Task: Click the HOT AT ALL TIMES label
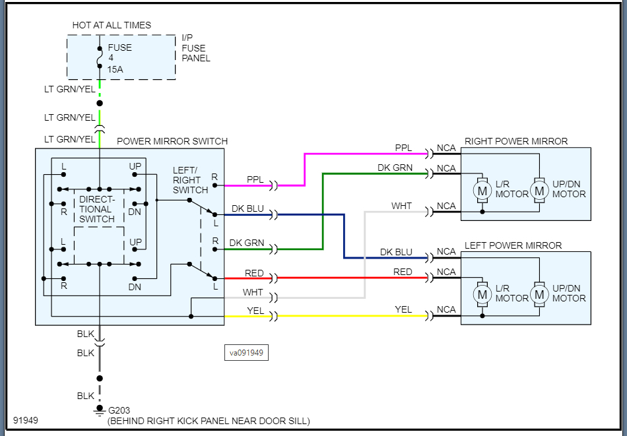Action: coord(112,25)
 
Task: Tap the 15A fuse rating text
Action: coord(116,69)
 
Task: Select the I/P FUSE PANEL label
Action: coord(196,48)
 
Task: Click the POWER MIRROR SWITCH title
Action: coord(172,141)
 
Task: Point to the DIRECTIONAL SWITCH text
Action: coord(97,209)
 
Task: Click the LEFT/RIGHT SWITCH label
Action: coord(190,180)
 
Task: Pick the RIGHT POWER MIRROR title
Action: coord(516,141)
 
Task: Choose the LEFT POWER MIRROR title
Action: coord(513,245)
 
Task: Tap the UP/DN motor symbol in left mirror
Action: coord(540,294)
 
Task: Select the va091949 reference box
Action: coord(246,353)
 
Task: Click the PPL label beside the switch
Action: coord(255,179)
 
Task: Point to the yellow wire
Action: coord(350,317)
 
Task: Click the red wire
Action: coord(350,278)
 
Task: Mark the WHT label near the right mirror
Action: coord(401,206)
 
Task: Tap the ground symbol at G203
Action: coord(100,412)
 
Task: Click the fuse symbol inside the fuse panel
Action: coord(100,58)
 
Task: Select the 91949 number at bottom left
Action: coord(25,420)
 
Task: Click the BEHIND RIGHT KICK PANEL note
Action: coord(208,421)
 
